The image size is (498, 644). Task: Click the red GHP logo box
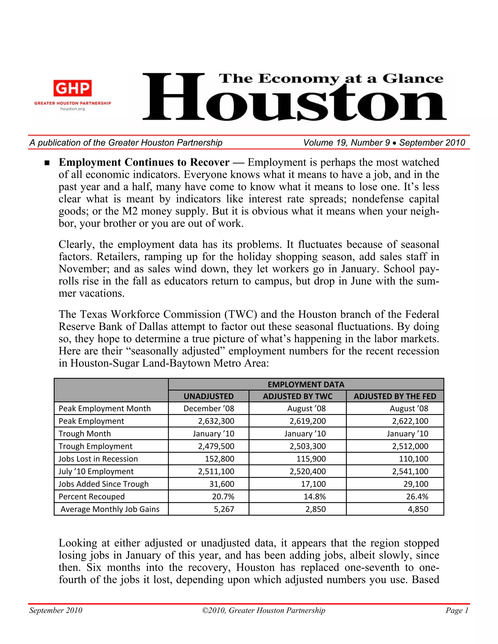(x=72, y=88)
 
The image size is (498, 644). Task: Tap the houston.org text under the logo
(x=72, y=109)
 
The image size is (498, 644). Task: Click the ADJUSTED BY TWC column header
(x=297, y=396)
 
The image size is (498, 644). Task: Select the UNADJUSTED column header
(x=209, y=396)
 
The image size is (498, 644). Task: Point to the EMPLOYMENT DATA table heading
(x=306, y=384)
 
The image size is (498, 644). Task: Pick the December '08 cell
(x=209, y=409)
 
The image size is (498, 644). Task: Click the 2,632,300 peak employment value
(x=216, y=421)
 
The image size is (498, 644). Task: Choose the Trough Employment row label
(x=95, y=446)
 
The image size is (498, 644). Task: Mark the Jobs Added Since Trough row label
(x=103, y=484)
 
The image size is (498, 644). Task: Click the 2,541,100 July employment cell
(x=410, y=471)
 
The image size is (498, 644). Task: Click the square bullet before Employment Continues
(x=47, y=163)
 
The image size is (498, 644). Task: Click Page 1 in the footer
(x=457, y=610)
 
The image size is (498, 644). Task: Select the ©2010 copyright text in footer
(x=263, y=610)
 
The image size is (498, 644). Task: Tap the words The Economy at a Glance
(x=331, y=79)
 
